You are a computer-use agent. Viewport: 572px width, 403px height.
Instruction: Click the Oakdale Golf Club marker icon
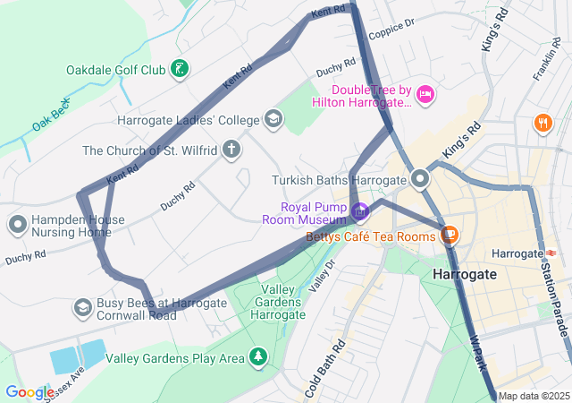[180, 69]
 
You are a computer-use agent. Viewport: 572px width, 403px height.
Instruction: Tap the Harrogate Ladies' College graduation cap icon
[273, 119]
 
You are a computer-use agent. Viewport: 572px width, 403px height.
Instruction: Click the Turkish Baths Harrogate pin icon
[420, 179]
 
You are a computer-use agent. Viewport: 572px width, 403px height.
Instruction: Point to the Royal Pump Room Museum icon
[359, 212]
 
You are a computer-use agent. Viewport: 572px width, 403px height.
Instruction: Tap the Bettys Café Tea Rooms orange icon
[450, 236]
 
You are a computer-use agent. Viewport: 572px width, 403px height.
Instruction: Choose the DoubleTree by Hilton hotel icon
[425, 92]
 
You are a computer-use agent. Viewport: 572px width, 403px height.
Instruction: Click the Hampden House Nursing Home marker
[17, 223]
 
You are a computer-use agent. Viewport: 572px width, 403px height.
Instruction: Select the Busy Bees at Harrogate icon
[83, 307]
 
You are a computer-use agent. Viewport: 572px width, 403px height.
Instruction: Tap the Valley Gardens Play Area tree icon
[258, 357]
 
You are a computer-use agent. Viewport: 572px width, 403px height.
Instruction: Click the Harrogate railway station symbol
[551, 253]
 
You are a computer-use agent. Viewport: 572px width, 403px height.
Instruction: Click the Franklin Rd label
[546, 61]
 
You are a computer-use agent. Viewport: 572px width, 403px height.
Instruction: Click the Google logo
[29, 391]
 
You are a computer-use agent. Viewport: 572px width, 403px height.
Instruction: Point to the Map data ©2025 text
[534, 396]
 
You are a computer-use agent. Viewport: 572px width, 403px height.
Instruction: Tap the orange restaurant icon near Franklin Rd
[542, 123]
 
